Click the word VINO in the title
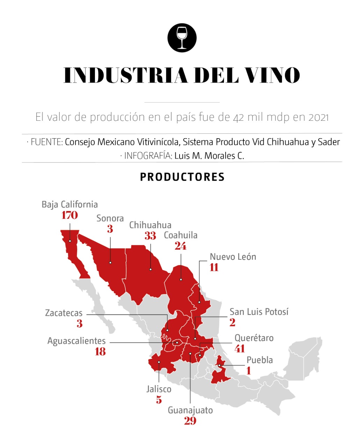point(271,75)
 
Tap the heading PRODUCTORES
point(182,177)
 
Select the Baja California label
point(70,204)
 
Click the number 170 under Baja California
point(70,215)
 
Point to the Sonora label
point(110,218)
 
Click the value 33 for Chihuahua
point(150,236)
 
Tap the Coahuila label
point(181,235)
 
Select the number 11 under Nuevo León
point(214,267)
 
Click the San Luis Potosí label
point(259,312)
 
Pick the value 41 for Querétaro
point(240,349)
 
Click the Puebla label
point(260,360)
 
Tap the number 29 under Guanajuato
point(190,421)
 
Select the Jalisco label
point(159,389)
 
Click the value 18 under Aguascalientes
point(100,351)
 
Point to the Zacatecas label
point(64,313)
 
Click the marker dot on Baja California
point(70,241)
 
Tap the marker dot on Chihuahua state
point(151,269)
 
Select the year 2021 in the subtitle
point(319,117)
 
